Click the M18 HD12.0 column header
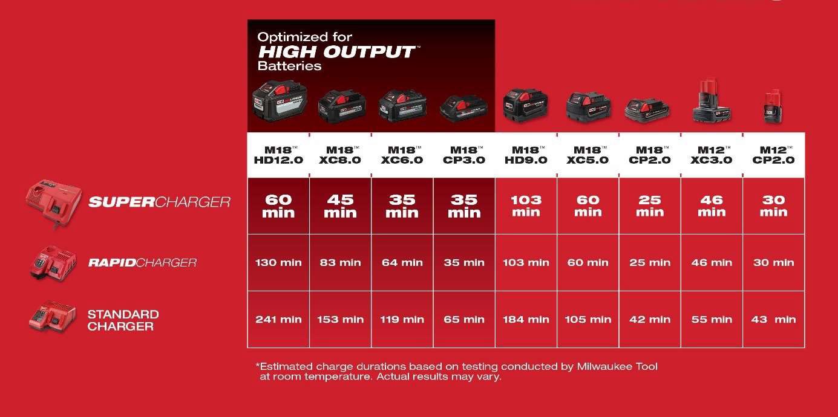click(x=278, y=155)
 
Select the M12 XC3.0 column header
click(x=712, y=155)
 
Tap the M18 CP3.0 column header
click(x=464, y=155)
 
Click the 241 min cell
click(x=278, y=320)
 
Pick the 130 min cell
click(x=278, y=263)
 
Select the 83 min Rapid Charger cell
click(x=341, y=263)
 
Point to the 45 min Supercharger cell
click(x=341, y=206)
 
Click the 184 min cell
click(x=526, y=320)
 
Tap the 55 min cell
click(x=712, y=320)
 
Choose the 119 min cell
click(x=402, y=320)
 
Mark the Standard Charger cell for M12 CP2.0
click(x=774, y=320)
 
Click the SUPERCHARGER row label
click(x=159, y=202)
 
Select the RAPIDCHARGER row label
click(x=143, y=263)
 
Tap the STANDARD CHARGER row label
click(x=123, y=320)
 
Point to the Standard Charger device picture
click(x=53, y=317)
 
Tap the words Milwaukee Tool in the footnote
click(x=617, y=367)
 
